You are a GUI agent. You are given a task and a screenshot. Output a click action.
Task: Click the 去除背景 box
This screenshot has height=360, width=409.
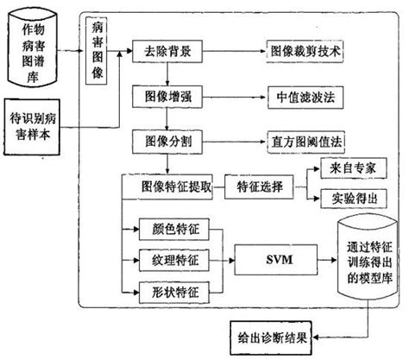point(167,53)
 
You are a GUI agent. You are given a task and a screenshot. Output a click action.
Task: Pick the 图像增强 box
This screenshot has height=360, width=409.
point(167,95)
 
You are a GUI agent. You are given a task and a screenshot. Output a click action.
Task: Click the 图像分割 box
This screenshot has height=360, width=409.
point(167,138)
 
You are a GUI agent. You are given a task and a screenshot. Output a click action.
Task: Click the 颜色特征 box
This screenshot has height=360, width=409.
point(174,231)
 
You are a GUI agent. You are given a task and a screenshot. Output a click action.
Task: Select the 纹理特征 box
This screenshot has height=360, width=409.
point(174,258)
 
